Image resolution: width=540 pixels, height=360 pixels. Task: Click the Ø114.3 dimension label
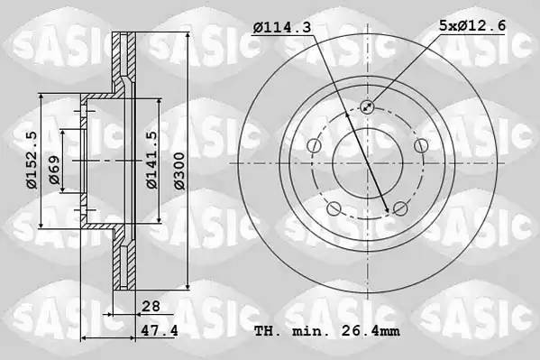click(x=282, y=28)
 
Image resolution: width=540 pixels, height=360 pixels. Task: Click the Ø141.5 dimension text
click(x=152, y=160)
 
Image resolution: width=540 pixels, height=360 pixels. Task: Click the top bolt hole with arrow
click(x=367, y=106)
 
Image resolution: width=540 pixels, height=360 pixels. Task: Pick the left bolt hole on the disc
click(x=314, y=146)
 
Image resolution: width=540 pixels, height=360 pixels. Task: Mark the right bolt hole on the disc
click(x=420, y=146)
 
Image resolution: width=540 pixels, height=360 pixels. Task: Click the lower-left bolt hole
click(x=334, y=209)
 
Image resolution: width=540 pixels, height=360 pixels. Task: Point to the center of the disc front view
click(x=367, y=163)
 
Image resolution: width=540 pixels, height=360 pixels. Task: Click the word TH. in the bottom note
click(x=269, y=332)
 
